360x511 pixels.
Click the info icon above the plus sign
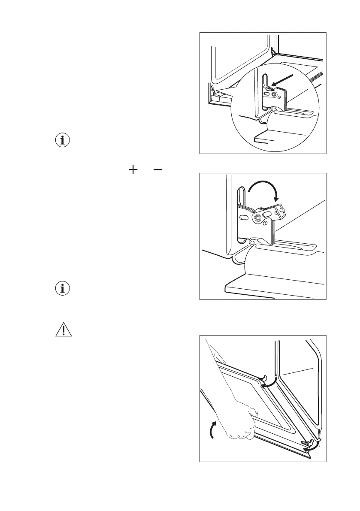pyautogui.click(x=64, y=140)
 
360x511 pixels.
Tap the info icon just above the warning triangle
pyautogui.click(x=64, y=289)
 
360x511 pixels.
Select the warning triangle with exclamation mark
pyautogui.click(x=64, y=330)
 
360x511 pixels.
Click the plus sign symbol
pyautogui.click(x=133, y=170)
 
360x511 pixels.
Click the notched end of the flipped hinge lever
pyautogui.click(x=281, y=211)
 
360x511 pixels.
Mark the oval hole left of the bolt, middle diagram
pyautogui.click(x=243, y=218)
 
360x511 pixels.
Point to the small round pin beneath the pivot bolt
pyautogui.click(x=266, y=224)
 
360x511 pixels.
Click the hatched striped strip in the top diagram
pyautogui.click(x=316, y=79)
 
